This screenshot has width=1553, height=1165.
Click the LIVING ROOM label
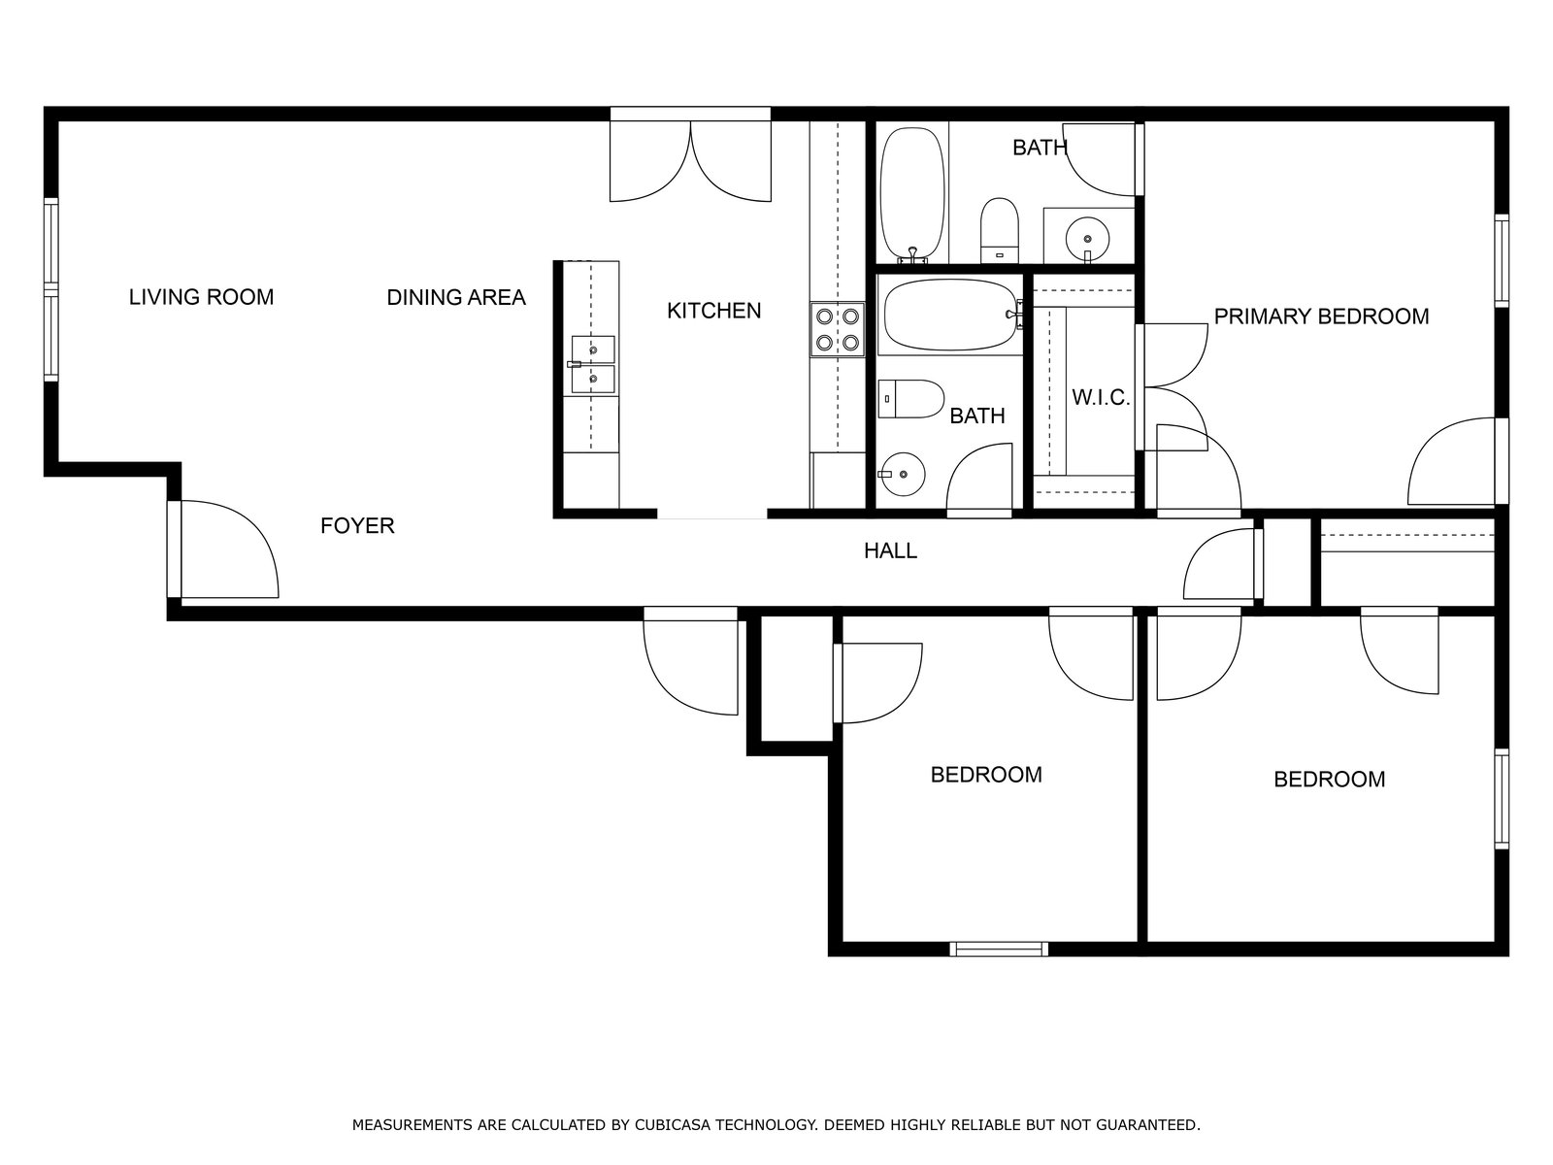(x=201, y=297)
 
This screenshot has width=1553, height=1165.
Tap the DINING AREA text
(x=456, y=297)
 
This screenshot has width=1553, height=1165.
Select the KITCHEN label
(x=713, y=311)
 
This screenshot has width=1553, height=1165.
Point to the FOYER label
(x=357, y=525)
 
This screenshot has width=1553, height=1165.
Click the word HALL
(x=890, y=550)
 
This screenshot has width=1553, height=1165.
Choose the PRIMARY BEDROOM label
(x=1322, y=316)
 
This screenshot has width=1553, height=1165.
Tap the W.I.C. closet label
(x=1100, y=397)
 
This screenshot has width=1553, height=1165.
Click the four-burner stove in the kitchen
(x=838, y=330)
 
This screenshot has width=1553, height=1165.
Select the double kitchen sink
(x=592, y=364)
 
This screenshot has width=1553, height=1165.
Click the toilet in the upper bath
(x=999, y=231)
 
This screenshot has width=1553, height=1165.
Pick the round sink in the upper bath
(x=1087, y=237)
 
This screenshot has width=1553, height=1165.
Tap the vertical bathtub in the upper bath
(x=912, y=193)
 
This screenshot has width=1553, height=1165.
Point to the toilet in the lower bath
(x=911, y=399)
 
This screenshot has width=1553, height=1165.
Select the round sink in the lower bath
(x=903, y=474)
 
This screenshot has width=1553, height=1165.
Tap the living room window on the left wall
(x=50, y=290)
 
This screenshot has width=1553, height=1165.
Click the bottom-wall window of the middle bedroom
(x=999, y=949)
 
